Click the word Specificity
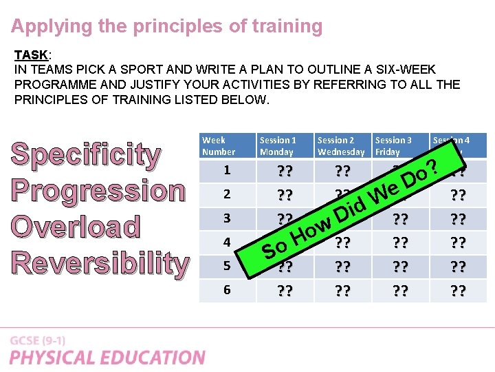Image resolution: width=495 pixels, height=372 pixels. coord(86,156)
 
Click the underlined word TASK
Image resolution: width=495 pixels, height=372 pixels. coord(30,54)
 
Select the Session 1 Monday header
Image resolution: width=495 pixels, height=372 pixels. coord(277,146)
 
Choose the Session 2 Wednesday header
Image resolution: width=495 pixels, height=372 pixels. coord(341,146)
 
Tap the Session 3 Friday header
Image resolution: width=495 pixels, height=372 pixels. coord(394,146)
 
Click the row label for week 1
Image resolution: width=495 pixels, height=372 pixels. coord(227,170)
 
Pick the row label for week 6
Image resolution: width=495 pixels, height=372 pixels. coord(227,290)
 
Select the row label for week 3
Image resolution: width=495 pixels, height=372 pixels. coord(227,218)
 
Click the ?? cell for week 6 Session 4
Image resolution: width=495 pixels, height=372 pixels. coord(456,291)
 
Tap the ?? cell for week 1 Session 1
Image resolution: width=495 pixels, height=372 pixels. coord(284,171)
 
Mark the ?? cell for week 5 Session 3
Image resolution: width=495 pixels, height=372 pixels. coord(399,267)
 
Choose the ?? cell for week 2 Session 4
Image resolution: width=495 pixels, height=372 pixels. coord(456,195)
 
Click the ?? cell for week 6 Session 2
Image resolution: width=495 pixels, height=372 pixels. coord(342,291)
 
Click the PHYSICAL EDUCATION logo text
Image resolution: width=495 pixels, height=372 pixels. coord(107,358)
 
